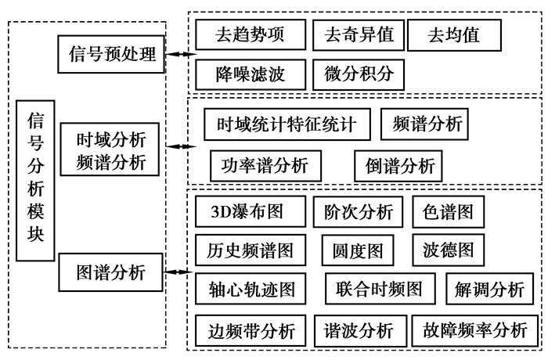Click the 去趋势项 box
tap(251, 34)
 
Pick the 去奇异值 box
tap(359, 34)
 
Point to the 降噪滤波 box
tap(251, 75)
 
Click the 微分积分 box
tap(359, 75)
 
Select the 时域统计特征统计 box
tap(287, 124)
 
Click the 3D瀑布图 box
tap(247, 211)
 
